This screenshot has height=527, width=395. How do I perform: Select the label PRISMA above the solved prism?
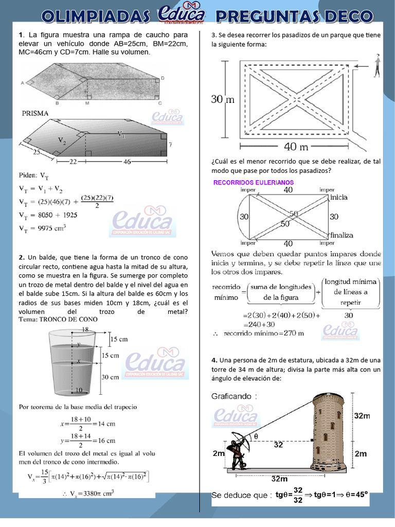point(35,113)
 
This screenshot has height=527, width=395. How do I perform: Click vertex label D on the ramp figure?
point(163,78)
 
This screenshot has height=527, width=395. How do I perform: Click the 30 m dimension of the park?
point(223,99)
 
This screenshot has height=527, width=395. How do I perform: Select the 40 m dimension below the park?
point(296,147)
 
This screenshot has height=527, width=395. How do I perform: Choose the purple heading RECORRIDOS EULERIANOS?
point(253,183)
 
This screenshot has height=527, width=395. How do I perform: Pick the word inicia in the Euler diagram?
point(339,197)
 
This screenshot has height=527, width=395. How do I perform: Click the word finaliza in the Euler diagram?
point(342,235)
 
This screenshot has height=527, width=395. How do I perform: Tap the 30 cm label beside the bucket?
point(110,377)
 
